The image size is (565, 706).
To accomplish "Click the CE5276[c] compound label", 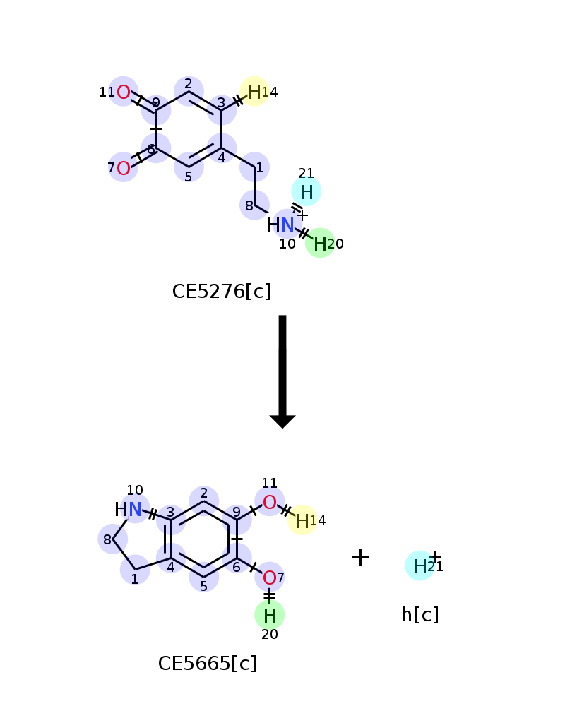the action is click(x=221, y=292).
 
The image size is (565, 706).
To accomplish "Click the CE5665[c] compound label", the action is click(x=207, y=664).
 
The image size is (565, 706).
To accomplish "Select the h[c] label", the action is click(x=420, y=615).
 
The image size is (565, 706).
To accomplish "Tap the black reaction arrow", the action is click(x=282, y=371).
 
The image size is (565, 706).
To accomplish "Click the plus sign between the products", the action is click(x=360, y=558).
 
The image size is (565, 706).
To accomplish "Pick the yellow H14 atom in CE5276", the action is click(x=254, y=92).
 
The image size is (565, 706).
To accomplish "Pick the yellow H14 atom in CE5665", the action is click(x=302, y=521).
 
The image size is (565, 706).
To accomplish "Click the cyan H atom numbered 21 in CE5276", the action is click(x=307, y=192).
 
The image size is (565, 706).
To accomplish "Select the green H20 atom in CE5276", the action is click(x=320, y=244).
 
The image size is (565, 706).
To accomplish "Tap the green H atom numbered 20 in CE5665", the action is click(x=269, y=616).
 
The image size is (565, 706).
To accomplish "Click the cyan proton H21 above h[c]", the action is click(x=420, y=566).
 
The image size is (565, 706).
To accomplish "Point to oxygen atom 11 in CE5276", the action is click(x=124, y=92).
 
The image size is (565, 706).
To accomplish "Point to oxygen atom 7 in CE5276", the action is click(x=124, y=168).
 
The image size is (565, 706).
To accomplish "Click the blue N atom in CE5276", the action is click(x=287, y=225).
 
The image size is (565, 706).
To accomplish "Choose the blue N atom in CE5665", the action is click(x=135, y=510).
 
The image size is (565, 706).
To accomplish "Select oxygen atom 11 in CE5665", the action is click(x=269, y=502).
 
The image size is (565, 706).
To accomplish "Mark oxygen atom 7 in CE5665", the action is click(x=269, y=578).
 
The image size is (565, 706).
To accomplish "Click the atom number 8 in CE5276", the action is click(x=249, y=205).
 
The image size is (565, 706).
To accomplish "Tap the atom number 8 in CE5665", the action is click(x=107, y=539).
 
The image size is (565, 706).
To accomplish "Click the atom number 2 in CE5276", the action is click(x=189, y=84).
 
